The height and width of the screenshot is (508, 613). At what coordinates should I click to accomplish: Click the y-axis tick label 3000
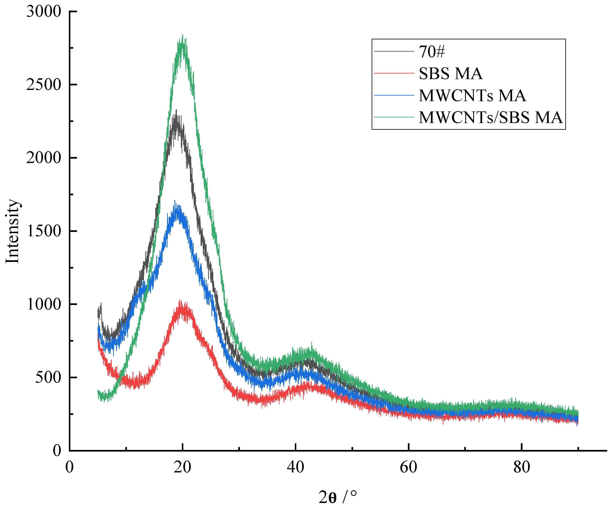(x=43, y=12)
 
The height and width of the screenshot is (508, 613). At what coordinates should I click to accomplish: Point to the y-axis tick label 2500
(x=43, y=85)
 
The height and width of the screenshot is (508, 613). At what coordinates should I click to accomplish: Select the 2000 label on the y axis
(x=43, y=158)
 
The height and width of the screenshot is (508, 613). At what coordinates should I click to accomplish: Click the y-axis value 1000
(x=43, y=304)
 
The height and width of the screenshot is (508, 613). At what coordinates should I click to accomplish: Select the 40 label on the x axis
(x=295, y=467)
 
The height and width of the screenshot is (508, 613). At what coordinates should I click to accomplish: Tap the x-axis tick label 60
(x=408, y=467)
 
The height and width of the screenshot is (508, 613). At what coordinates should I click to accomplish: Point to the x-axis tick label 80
(x=522, y=467)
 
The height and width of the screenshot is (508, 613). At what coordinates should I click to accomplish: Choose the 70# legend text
(x=432, y=51)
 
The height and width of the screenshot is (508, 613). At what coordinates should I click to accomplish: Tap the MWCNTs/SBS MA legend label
(x=490, y=117)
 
